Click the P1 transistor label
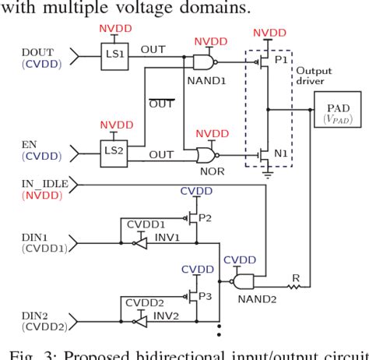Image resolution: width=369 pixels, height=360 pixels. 279,58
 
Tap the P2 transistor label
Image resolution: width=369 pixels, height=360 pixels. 206,217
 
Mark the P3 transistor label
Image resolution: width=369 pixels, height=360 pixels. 206,297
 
